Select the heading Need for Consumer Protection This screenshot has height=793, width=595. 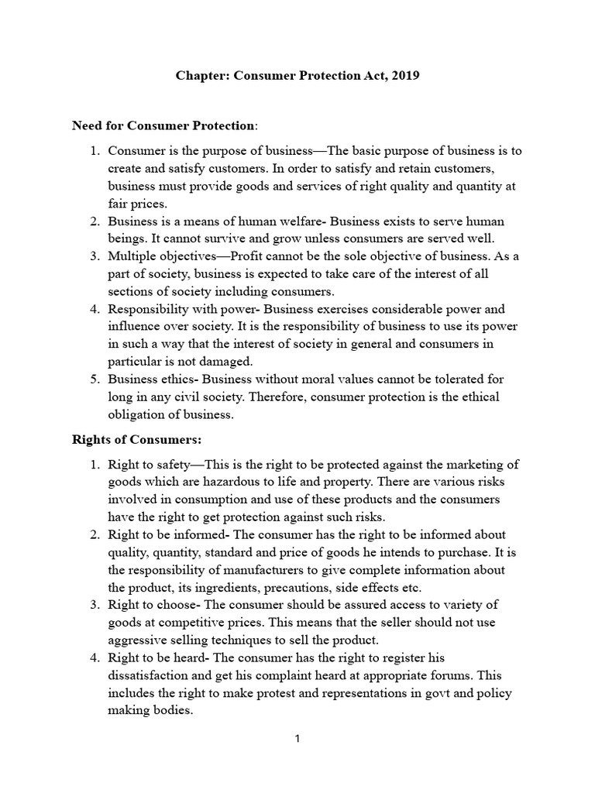tap(163, 125)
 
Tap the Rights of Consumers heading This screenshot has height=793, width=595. tap(136, 439)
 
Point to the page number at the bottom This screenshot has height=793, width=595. tap(297, 739)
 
